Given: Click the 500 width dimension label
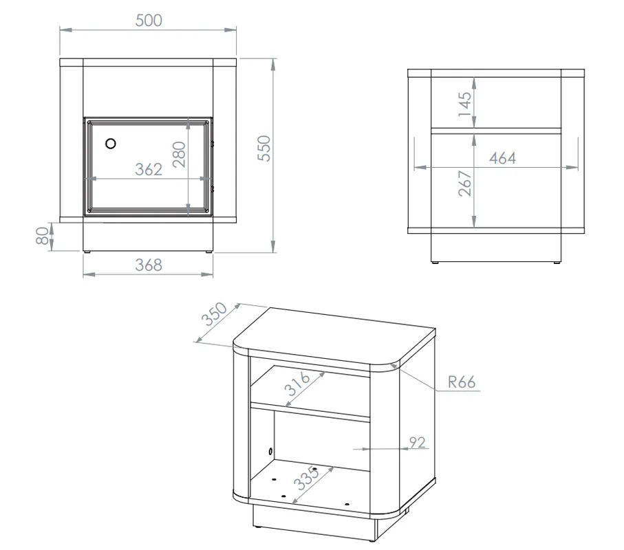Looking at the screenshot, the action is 149,21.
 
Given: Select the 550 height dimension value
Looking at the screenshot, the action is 264,148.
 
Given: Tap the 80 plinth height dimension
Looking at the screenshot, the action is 42,236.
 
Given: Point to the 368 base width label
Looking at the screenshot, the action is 149,265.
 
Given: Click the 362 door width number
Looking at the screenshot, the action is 149,169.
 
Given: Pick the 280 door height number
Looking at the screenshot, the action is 179,154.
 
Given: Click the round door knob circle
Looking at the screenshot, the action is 111,144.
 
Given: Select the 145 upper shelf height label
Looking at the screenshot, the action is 464,104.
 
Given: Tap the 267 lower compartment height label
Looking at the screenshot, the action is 464,184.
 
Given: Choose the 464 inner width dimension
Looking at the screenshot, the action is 503,158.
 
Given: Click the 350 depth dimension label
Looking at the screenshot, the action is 214,313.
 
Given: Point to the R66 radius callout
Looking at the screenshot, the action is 461,382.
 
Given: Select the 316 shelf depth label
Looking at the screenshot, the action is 297,384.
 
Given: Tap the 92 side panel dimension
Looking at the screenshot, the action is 417,442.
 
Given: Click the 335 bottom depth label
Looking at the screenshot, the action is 306,478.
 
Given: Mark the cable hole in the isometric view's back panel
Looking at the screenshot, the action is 270,451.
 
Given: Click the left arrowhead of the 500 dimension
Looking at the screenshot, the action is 66,30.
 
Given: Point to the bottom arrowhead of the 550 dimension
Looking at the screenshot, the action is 273,246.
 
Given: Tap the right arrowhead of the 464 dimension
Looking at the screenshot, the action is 572,168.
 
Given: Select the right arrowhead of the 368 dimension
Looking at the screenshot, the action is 207,274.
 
